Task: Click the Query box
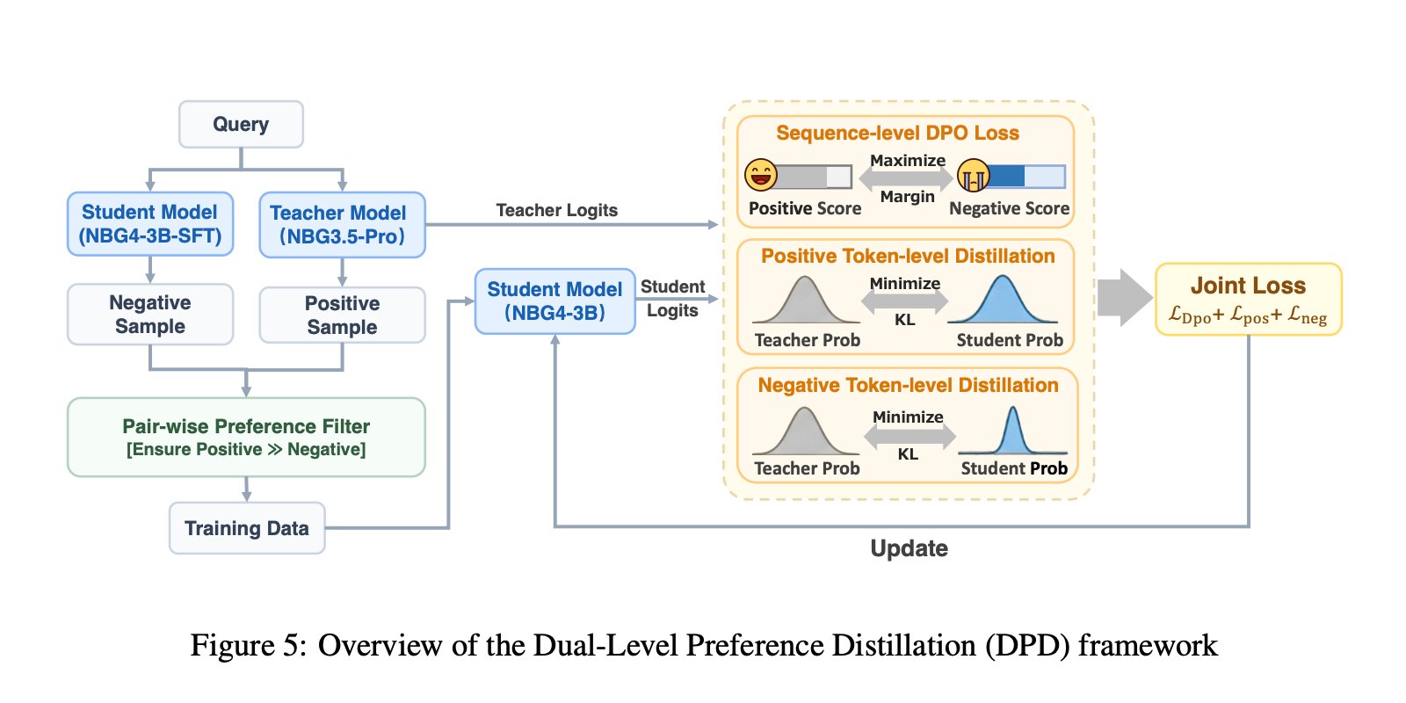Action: coord(241,124)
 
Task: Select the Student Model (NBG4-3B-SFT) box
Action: coord(150,224)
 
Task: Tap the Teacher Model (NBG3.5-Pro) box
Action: coord(342,225)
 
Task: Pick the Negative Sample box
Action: coord(150,314)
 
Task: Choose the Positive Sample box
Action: coord(342,315)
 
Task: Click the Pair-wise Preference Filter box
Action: coord(246,437)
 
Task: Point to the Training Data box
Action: coord(247,528)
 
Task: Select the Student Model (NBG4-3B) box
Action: coord(554,301)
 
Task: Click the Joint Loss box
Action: coord(1248,299)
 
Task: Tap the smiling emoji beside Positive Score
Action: coord(761,175)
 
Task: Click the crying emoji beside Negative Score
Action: coord(973,176)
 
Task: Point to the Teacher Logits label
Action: coord(556,210)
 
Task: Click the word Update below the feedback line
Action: coord(909,548)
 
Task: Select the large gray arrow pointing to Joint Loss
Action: coord(1124,297)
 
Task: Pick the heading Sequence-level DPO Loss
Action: coord(897,133)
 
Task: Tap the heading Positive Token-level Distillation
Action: coord(908,256)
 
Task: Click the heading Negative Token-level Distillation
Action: coord(908,385)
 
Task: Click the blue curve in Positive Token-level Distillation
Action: coord(1003,303)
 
